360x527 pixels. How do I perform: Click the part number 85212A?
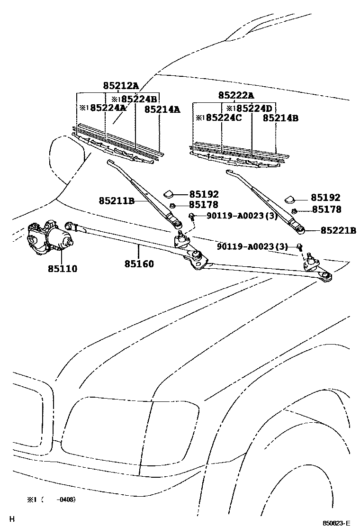pos(121,86)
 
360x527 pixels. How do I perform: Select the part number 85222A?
pos(236,95)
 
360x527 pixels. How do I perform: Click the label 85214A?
pos(162,109)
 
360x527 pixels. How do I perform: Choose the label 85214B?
pos(281,118)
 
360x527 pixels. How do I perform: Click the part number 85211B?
pos(117,201)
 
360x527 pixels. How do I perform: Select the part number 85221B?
pos(338,230)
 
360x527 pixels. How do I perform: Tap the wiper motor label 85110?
pos(62,269)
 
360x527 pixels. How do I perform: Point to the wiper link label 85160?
pos(139,264)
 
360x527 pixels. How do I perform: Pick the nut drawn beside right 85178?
pos(294,210)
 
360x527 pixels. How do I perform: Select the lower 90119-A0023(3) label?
pos(252,246)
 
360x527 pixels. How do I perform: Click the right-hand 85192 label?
pos(325,198)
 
